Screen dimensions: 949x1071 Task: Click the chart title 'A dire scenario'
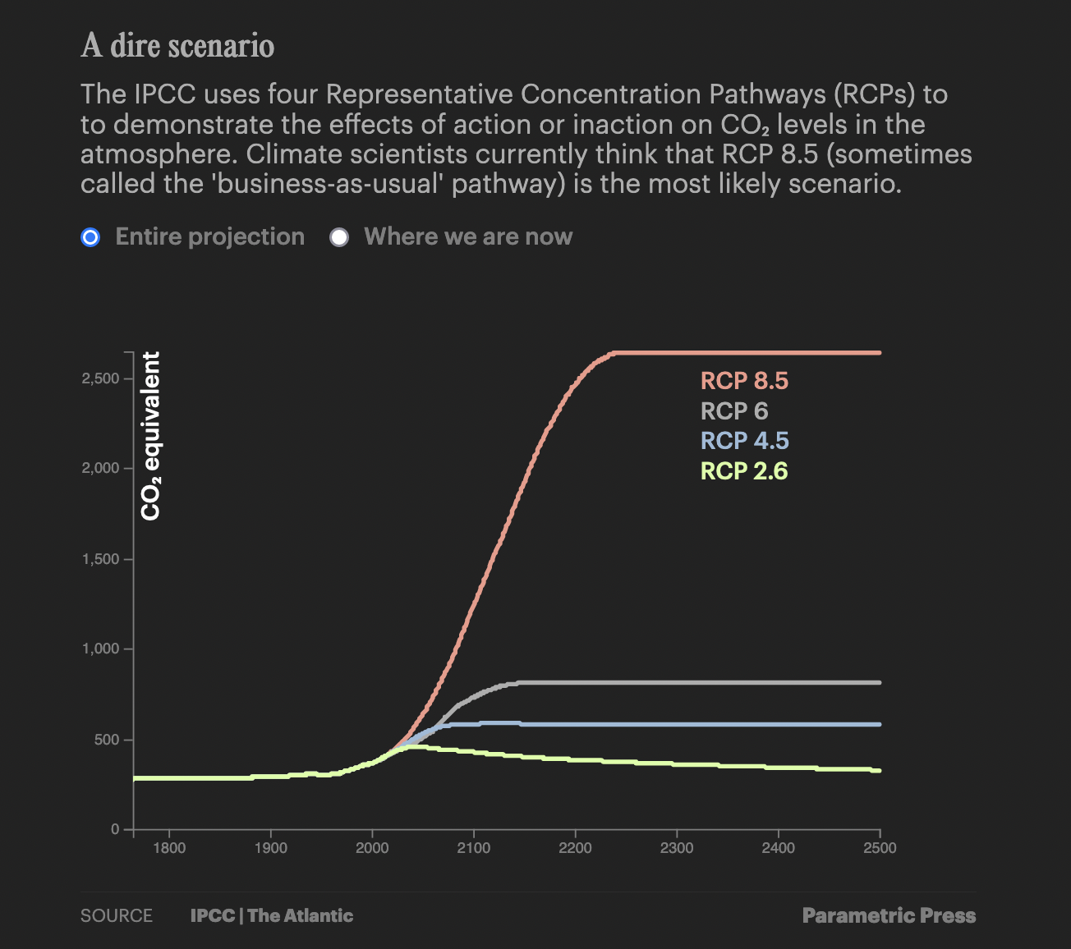coord(177,46)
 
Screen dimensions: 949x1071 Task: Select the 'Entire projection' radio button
coord(90,237)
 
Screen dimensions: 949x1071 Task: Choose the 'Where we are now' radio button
coord(339,237)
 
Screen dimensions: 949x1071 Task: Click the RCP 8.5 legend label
coord(744,381)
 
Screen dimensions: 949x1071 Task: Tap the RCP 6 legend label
coord(734,410)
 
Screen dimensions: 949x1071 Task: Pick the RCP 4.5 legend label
coord(744,441)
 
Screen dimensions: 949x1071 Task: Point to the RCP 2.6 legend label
coord(744,471)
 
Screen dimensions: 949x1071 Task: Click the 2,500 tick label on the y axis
coord(100,378)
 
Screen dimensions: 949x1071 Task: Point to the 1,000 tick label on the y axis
coord(100,649)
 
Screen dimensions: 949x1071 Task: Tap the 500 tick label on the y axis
coord(107,740)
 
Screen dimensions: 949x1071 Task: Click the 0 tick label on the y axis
coord(116,829)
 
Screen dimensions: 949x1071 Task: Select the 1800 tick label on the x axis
coord(169,848)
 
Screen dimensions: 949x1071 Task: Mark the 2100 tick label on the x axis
coord(474,848)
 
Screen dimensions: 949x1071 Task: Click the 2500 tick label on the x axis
coord(880,848)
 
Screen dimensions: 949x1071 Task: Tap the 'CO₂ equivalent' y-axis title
coord(151,436)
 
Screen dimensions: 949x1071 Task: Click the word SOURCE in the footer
coord(117,916)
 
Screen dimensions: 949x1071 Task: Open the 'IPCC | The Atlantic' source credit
coord(272,916)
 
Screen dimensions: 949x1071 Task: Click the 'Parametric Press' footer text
coord(889,916)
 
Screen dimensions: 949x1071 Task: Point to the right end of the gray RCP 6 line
coord(880,682)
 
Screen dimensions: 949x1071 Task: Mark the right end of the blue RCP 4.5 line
coord(880,724)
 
